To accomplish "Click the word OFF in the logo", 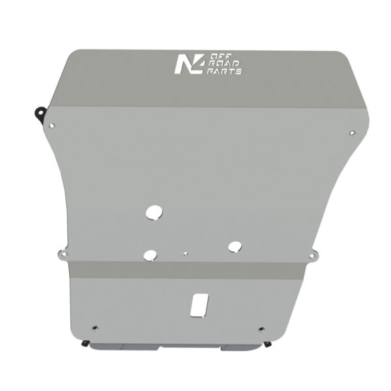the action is coord(218,57).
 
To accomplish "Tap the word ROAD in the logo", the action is coord(224,64).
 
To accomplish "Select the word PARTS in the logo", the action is coord(224,71).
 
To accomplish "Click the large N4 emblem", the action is coord(190,64).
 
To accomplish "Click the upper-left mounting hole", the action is coord(52,126).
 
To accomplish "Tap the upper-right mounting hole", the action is coord(352,133).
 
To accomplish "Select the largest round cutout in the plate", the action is coord(154,212).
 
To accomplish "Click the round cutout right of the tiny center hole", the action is coord(235,246).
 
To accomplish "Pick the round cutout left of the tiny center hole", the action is coord(150,255).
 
